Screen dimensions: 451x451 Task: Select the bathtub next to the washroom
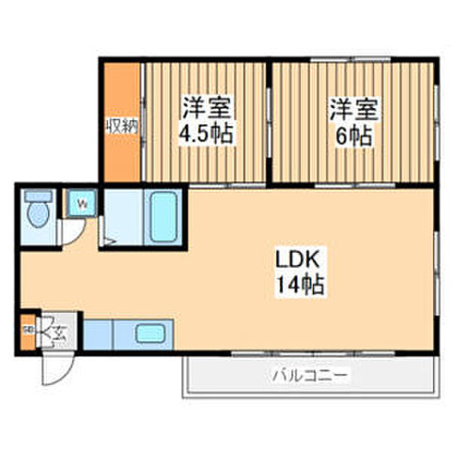[x=163, y=216]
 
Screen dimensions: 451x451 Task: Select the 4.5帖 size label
[x=206, y=132]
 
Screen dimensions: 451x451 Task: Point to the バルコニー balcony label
[x=311, y=376]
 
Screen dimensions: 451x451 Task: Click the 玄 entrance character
[x=58, y=331]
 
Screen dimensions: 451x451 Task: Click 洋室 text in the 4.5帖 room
[x=206, y=106]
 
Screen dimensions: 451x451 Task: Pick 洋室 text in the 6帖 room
[x=352, y=107]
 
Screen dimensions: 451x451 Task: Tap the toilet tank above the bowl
[x=39, y=197]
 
